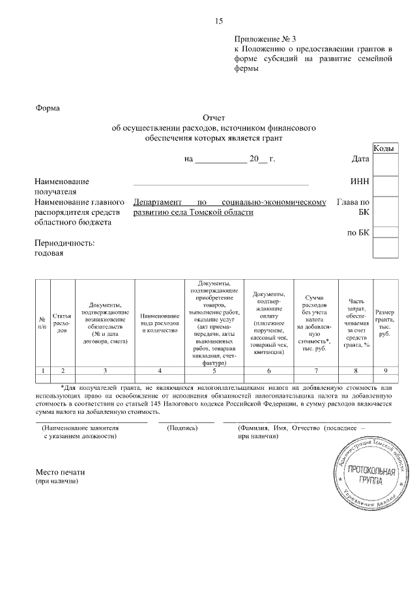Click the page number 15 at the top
point(219,21)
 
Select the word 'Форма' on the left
point(47,108)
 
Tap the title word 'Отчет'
point(214,118)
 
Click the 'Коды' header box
point(385,149)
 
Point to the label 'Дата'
point(360,159)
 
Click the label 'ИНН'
point(360,182)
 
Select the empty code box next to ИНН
point(385,185)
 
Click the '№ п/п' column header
point(42,323)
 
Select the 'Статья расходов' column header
point(63,323)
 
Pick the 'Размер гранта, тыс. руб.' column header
point(385,323)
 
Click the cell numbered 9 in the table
point(385,370)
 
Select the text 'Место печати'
point(60,472)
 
